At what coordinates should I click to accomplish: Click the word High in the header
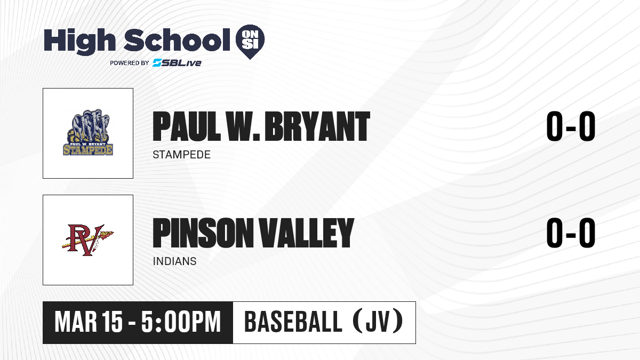[79, 42]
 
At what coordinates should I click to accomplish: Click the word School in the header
[177, 40]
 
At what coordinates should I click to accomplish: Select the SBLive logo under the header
[177, 63]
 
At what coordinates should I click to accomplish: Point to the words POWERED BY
[130, 63]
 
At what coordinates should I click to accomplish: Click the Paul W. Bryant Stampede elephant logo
[88, 132]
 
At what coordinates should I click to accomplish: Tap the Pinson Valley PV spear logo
[87, 240]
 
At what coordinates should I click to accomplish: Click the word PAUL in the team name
[187, 126]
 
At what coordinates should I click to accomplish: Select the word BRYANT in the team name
[317, 126]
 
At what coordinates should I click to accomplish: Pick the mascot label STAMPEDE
[181, 155]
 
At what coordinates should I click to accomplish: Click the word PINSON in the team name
[203, 233]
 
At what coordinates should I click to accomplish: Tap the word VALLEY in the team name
[306, 233]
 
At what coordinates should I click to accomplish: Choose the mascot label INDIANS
[174, 261]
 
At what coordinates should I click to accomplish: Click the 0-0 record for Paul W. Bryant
[571, 126]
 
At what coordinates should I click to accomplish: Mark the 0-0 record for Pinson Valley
[571, 233]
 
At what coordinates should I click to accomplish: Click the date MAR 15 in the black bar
[89, 322]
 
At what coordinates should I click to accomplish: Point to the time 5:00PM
[181, 322]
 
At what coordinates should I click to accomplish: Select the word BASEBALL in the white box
[293, 322]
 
